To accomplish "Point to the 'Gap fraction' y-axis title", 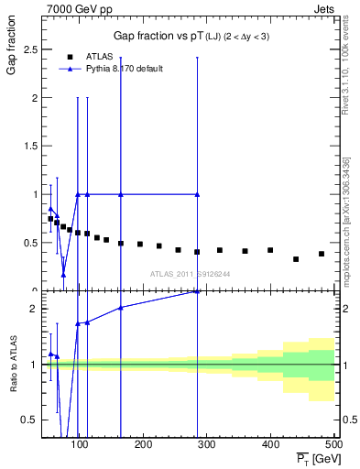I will tap(13, 54).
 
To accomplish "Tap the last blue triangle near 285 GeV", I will tap(197, 194).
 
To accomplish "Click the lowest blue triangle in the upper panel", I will tap(63, 274).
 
